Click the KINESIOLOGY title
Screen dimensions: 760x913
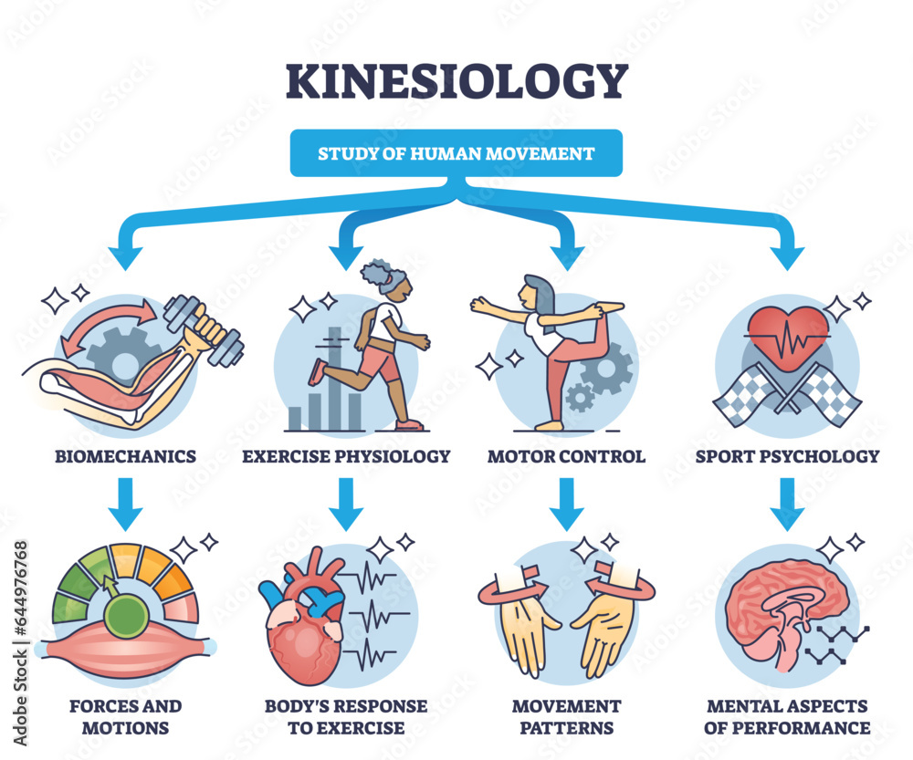click(x=456, y=81)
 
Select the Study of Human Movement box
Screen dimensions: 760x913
click(x=456, y=153)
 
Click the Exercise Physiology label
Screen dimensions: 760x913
click(x=346, y=455)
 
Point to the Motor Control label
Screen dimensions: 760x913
click(x=566, y=455)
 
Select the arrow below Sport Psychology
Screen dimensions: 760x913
click(x=787, y=505)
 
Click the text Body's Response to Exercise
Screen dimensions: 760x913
click(x=345, y=716)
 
